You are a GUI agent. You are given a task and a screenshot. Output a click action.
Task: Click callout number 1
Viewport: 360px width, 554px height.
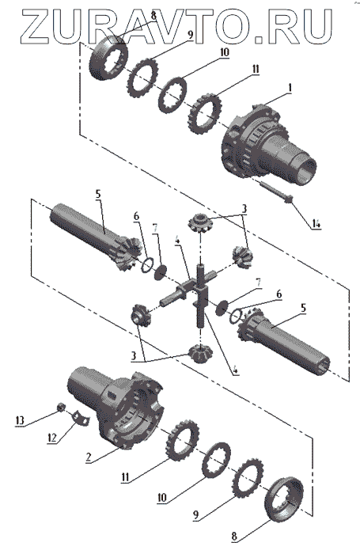click(290, 89)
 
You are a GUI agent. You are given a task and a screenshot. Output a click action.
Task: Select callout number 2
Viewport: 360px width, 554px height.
click(89, 457)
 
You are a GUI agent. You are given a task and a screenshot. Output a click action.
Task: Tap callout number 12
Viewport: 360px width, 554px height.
click(52, 438)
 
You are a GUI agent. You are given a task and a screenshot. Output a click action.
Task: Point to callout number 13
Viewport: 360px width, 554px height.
click(20, 420)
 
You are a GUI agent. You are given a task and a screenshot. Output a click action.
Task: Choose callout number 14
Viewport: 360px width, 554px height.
click(316, 224)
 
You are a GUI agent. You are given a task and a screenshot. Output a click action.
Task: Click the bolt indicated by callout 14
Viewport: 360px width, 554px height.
click(275, 191)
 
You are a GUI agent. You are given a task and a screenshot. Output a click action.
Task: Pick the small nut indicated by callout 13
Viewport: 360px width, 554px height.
click(61, 408)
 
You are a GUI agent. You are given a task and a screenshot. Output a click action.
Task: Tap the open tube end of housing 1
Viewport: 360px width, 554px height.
click(305, 172)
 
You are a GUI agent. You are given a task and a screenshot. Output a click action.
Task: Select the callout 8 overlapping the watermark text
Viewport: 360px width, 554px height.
click(153, 17)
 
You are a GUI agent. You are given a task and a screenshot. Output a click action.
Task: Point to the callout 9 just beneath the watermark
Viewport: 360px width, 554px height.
click(190, 35)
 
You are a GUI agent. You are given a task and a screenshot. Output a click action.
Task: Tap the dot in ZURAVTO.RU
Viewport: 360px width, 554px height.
click(259, 40)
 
